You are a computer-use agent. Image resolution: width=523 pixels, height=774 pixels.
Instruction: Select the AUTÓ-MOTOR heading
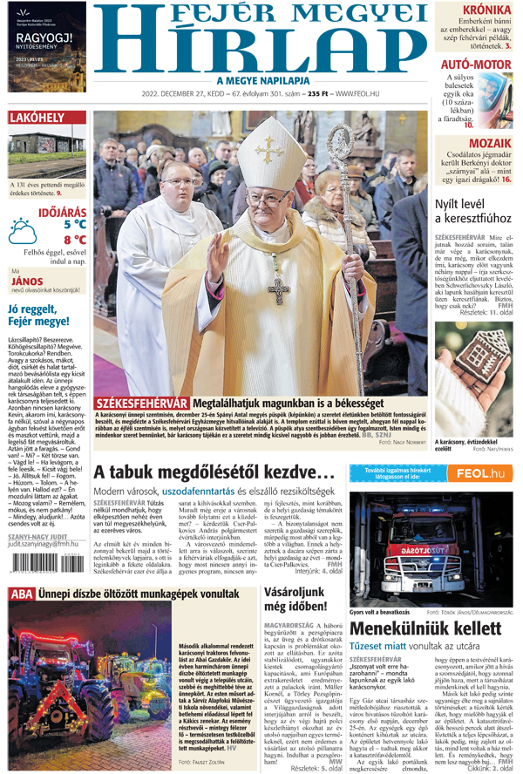[476, 64]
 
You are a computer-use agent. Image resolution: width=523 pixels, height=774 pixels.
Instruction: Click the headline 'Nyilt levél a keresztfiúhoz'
[472, 212]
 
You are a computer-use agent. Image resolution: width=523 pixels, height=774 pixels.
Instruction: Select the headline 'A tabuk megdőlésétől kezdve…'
[214, 473]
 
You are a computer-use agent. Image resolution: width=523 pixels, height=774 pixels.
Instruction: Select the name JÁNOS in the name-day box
[28, 281]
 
